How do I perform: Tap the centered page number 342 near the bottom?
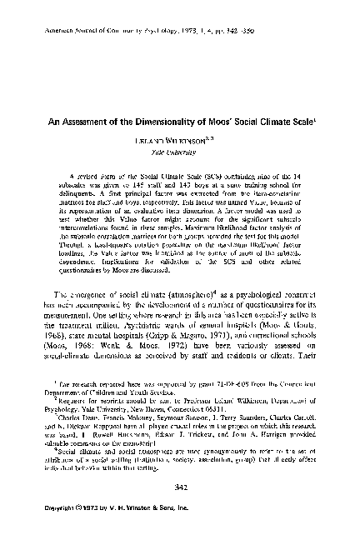tap(179, 489)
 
